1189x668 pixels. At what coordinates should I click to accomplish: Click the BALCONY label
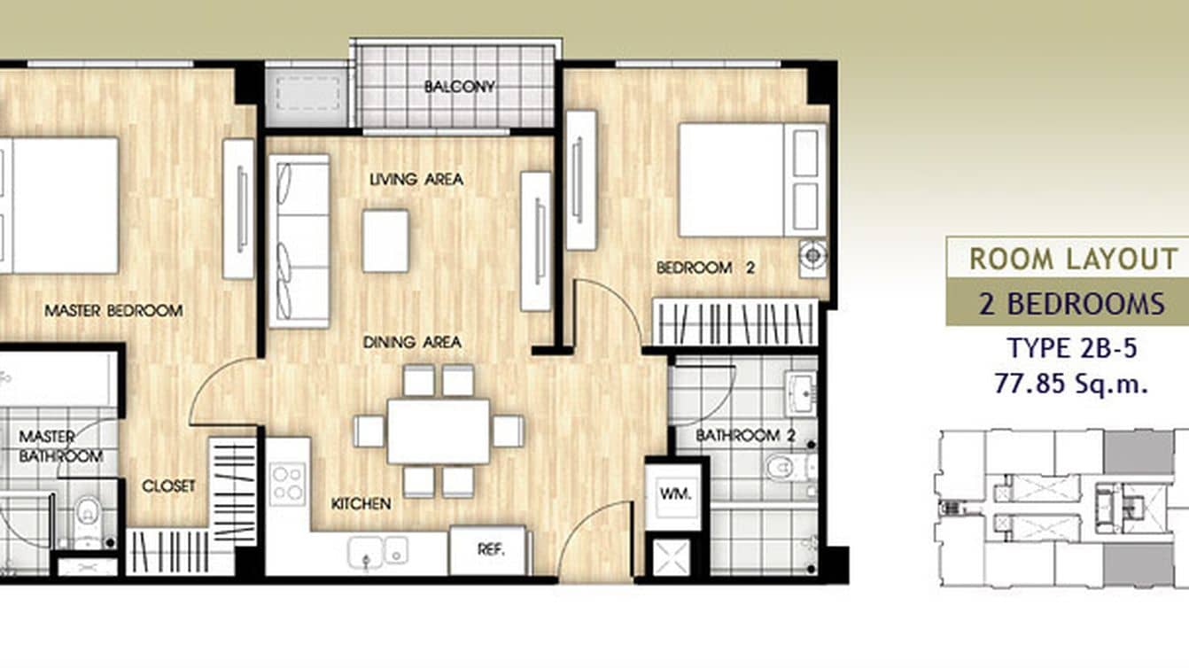point(458,87)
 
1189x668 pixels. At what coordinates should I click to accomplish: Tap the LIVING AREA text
point(416,179)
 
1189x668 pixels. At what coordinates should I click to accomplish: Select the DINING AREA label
point(412,341)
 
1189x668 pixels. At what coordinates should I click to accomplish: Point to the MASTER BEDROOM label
point(113,311)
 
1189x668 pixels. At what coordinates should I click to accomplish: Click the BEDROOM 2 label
point(704,268)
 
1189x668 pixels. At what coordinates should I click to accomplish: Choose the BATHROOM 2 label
point(744,435)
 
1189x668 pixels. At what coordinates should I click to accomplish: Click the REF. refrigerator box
point(490,549)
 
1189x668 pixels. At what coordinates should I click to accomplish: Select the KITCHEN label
point(361,503)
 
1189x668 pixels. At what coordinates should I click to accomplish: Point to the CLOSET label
point(168,485)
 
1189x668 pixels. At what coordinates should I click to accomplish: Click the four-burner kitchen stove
point(288,484)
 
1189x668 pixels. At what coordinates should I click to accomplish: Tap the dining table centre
point(439,431)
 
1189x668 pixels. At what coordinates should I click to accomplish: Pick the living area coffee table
point(385,240)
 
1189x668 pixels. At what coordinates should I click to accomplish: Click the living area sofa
point(299,241)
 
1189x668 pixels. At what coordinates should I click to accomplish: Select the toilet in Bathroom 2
point(784,467)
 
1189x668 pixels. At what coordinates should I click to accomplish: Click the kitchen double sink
point(377,551)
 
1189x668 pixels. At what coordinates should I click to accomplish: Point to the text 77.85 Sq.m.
point(1071,384)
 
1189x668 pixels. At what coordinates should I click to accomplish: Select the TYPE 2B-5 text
point(1071,348)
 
